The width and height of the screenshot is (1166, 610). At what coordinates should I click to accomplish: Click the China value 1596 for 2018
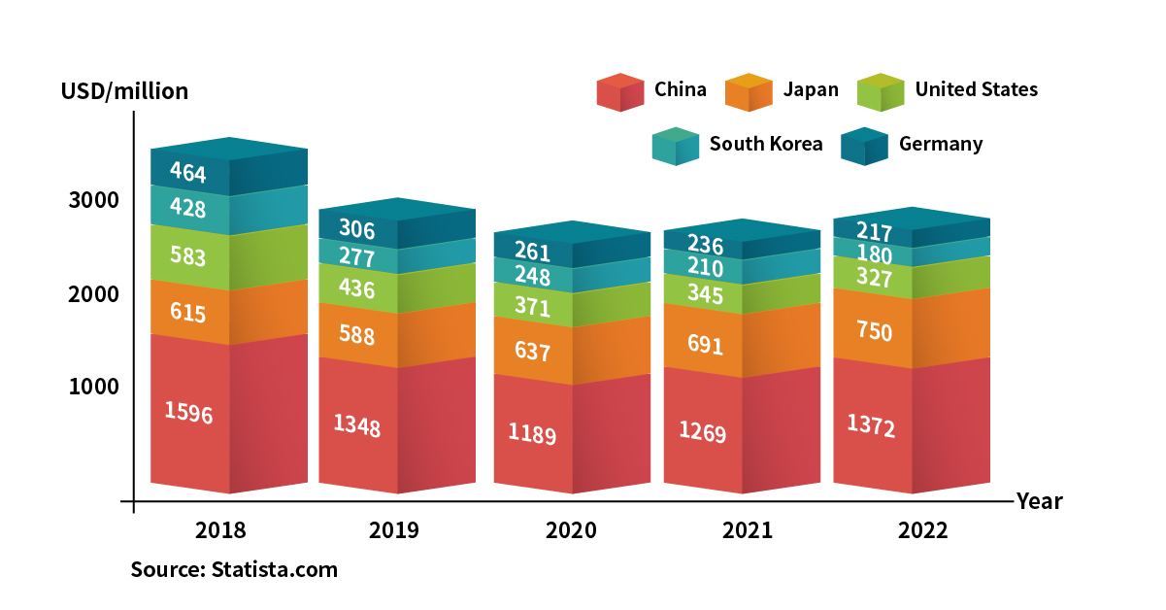coord(188,412)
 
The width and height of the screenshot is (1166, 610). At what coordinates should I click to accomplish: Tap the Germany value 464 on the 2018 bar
coord(187,173)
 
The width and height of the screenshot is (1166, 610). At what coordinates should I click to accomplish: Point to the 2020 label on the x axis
coord(571,531)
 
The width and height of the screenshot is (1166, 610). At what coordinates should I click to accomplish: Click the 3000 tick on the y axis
coord(93,200)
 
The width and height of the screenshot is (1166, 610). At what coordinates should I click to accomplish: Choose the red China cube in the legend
coord(619,92)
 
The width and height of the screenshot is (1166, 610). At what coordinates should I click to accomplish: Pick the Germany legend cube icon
coord(864,147)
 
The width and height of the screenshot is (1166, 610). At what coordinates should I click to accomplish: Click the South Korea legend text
coord(765,145)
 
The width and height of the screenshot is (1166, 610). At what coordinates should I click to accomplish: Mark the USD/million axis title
coord(124,92)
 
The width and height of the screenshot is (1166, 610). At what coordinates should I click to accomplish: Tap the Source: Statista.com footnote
coord(234,570)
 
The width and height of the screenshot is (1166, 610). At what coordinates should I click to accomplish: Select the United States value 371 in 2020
coord(532,308)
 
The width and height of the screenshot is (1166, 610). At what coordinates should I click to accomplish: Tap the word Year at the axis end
coord(1039,502)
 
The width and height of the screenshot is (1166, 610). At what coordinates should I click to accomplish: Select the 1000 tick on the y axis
coord(93,387)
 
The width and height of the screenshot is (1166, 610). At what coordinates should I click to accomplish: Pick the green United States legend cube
coord(881,92)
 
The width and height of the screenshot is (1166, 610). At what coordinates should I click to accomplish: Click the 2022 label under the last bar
coord(922,531)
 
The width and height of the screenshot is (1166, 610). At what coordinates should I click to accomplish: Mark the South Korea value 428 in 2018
coord(187,208)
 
